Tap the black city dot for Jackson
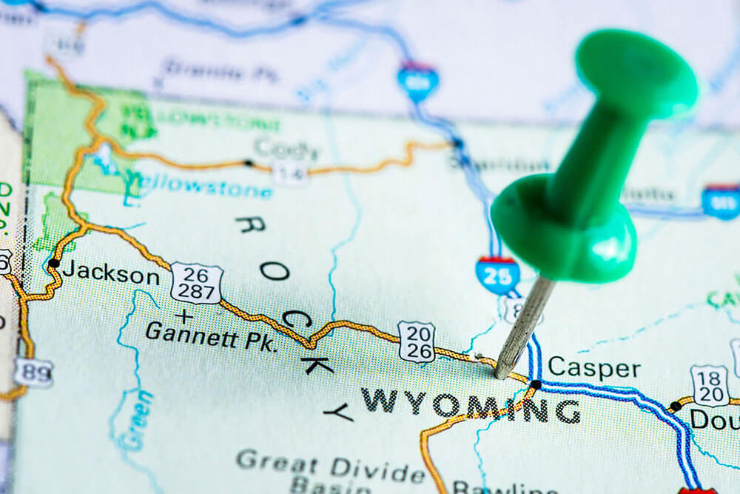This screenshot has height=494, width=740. point(53,263)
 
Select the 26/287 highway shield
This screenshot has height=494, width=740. point(196,282)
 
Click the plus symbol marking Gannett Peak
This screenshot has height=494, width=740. point(184,316)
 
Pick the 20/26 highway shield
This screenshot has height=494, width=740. point(417,341)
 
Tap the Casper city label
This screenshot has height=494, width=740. point(593,367)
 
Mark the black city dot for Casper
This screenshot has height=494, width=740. point(536,384)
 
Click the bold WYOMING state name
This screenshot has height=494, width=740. point(470,406)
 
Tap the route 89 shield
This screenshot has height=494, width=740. point(33,372)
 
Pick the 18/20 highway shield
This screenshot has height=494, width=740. point(710,385)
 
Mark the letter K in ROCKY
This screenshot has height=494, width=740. point(317,364)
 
